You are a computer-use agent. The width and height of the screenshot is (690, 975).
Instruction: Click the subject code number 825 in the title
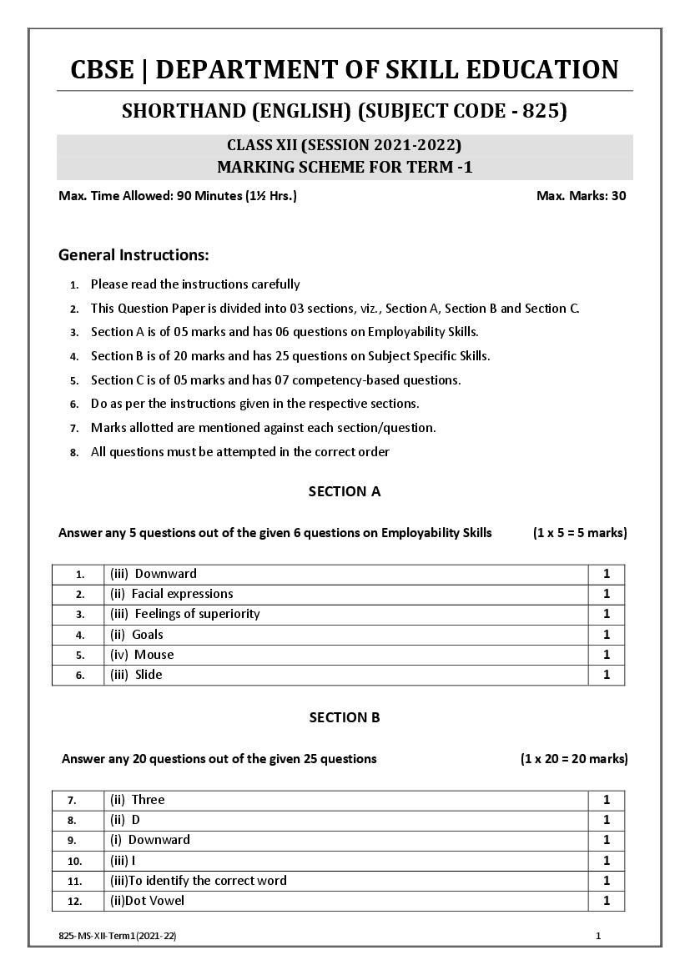point(543,111)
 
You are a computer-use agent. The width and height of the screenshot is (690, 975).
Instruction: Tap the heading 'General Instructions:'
point(133,254)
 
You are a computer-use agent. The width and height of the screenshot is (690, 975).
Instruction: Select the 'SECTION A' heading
point(345,491)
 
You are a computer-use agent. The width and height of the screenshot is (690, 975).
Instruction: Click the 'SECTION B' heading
point(345,717)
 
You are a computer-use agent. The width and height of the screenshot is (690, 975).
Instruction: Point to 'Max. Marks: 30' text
point(581,196)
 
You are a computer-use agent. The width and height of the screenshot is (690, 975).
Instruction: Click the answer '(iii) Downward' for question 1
point(154,574)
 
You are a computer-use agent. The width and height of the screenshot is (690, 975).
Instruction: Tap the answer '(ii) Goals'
point(137,635)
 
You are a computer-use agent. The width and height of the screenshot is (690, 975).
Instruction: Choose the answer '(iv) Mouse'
point(142,655)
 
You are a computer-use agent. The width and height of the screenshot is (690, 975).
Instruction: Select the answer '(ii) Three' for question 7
point(138,800)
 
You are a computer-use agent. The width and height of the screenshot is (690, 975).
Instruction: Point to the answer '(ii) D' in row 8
point(125,820)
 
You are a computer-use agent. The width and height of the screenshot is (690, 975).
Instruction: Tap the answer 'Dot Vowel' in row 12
point(148,901)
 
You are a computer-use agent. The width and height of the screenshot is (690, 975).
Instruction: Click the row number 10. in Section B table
point(75,861)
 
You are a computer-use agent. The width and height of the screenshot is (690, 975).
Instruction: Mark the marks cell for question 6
point(607,675)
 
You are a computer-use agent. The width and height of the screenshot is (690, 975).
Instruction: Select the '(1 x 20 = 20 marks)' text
point(573,759)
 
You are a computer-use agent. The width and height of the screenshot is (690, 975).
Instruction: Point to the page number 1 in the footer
point(598,937)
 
